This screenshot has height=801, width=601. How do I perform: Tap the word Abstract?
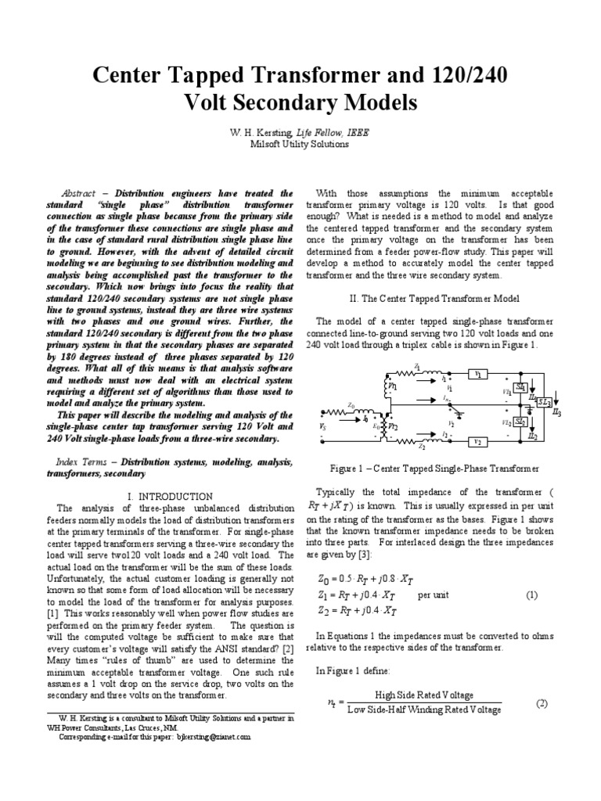point(78,193)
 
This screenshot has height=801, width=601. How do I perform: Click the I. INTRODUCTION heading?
point(169,496)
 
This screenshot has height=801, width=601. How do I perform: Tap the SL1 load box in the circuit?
point(519,388)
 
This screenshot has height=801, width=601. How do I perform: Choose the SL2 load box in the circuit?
point(519,422)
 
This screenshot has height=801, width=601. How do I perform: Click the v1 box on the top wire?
point(477,375)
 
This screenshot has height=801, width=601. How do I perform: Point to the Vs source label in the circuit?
point(323,429)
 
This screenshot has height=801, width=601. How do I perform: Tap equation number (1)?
point(531,595)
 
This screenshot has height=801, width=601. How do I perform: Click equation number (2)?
point(541,703)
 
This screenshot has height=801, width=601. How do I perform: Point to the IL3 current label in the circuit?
point(556,411)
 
